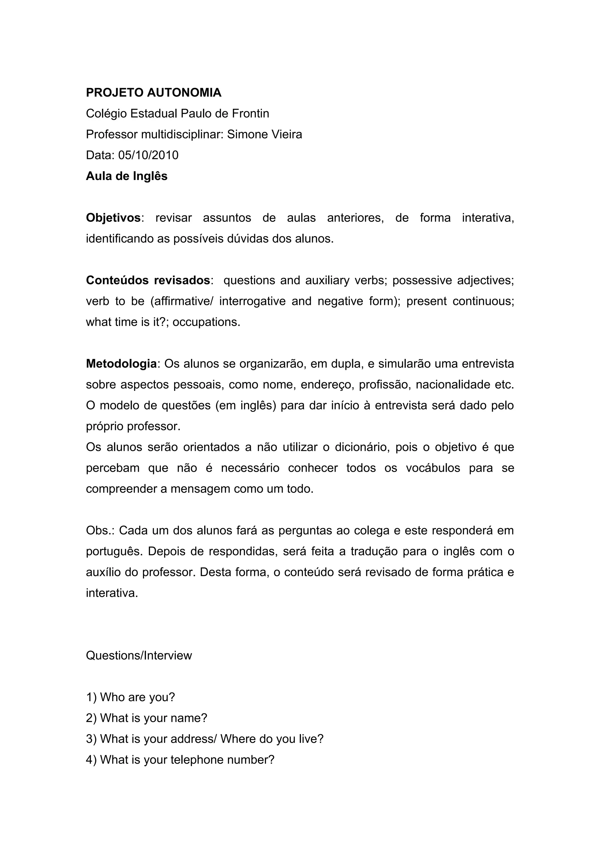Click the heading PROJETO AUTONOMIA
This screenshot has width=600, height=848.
pyautogui.click(x=154, y=92)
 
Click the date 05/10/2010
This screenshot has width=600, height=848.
pyautogui.click(x=148, y=155)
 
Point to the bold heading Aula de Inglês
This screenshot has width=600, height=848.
pyautogui.click(x=127, y=176)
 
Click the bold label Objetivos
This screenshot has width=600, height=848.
pyautogui.click(x=113, y=218)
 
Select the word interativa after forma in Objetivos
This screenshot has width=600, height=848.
pyautogui.click(x=487, y=218)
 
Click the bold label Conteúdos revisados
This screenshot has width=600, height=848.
pyautogui.click(x=148, y=280)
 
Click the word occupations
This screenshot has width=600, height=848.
pyautogui.click(x=206, y=322)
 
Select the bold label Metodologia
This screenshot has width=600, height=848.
pyautogui.click(x=121, y=364)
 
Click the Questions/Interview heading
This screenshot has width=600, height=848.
pyautogui.click(x=139, y=655)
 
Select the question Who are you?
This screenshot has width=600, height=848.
pyautogui.click(x=137, y=697)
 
